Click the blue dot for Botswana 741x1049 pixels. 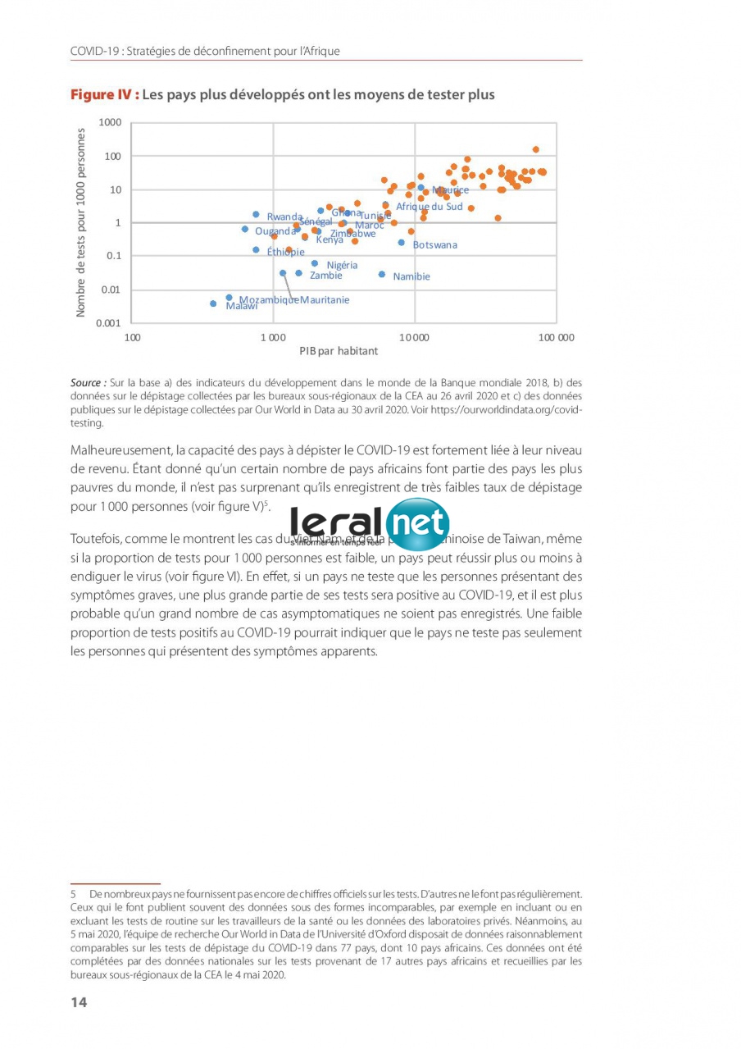[402, 242]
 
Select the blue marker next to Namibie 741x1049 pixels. [382, 274]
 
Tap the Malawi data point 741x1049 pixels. [213, 303]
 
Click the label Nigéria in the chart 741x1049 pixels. [342, 265]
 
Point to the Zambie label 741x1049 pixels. [326, 276]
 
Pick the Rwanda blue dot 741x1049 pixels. [256, 214]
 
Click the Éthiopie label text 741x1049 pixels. [286, 252]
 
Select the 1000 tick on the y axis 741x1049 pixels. [110, 122]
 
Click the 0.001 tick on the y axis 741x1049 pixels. [108, 323]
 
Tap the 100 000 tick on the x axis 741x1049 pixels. [557, 338]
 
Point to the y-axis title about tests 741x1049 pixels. [81, 221]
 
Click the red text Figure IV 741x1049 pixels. [104, 94]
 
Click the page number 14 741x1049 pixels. [79, 1001]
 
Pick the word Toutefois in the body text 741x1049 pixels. [97, 539]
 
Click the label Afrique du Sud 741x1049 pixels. [430, 207]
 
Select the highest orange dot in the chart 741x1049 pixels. [536, 149]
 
